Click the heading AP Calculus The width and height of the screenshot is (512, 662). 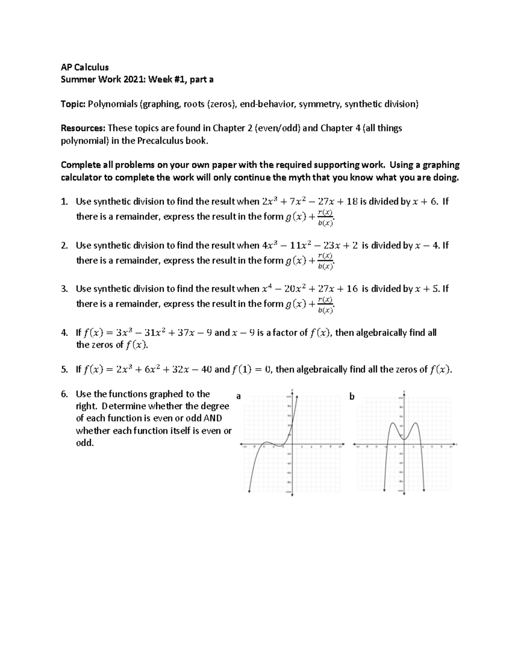pos(84,67)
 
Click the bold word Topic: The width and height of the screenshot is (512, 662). pos(73,104)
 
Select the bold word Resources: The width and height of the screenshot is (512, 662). pos(83,128)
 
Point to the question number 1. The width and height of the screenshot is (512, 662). pos(64,202)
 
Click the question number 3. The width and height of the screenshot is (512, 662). pos(64,289)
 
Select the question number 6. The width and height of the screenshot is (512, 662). pos(64,394)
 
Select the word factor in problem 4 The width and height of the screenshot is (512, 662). pos(286,333)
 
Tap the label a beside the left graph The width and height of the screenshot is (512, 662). pos(239,396)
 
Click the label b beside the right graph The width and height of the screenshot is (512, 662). pos(352,396)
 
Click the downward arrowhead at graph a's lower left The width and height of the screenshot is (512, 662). pos(249,491)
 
